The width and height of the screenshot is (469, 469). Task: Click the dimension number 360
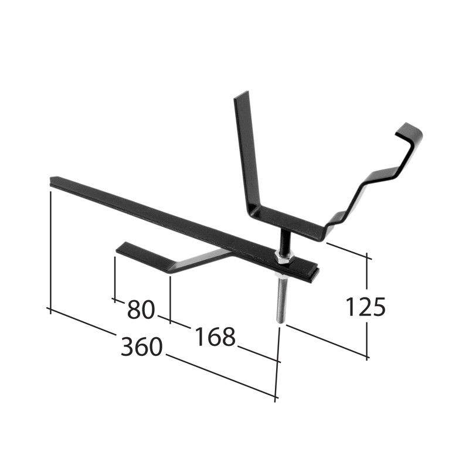tap(141, 346)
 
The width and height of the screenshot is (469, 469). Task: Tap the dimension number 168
tap(215, 337)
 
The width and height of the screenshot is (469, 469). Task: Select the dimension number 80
tap(140, 310)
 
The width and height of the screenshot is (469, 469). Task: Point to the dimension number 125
tap(365, 307)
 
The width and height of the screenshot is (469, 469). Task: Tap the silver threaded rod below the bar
tap(280, 299)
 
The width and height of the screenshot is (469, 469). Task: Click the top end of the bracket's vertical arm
tap(241, 96)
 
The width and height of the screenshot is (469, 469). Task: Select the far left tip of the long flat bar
tap(53, 180)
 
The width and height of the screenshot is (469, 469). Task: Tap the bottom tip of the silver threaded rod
tap(279, 320)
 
